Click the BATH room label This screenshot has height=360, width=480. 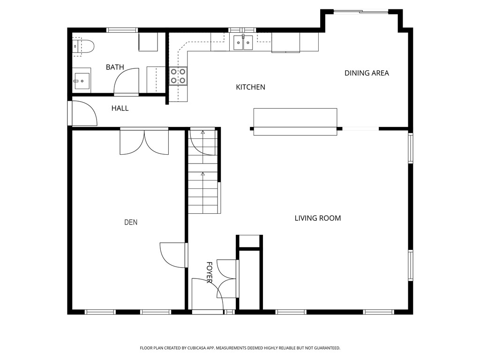[115, 67]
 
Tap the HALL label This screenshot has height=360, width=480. [120, 108]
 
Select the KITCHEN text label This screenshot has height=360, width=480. [250, 87]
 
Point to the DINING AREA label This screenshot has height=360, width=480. [367, 73]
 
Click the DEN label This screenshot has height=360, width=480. [131, 222]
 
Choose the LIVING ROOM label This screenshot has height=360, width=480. [317, 218]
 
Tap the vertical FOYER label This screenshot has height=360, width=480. [210, 272]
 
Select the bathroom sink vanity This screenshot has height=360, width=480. [82, 81]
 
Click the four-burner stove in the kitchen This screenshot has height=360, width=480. [178, 76]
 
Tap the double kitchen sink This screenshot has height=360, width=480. [243, 43]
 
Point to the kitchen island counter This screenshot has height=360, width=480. [295, 122]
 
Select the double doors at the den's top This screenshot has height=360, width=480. [144, 141]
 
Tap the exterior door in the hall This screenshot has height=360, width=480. [83, 113]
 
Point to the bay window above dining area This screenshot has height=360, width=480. [361, 12]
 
